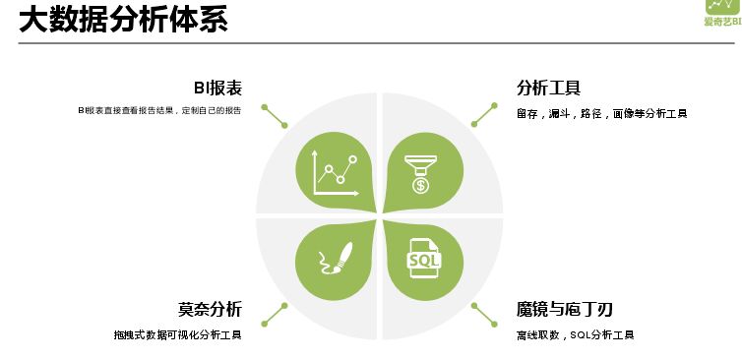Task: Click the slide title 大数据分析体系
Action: [x=123, y=19]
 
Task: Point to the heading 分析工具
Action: [x=547, y=88]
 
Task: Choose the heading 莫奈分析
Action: [x=210, y=309]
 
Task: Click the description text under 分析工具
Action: [x=601, y=113]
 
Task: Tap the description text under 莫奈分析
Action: [x=177, y=335]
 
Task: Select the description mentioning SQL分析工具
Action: [x=575, y=335]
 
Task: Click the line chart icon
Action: [x=334, y=173]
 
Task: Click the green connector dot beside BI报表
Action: [x=284, y=125]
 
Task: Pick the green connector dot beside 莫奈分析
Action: [x=284, y=305]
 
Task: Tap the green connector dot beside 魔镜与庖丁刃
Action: [x=473, y=305]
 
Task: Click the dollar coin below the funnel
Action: [x=420, y=184]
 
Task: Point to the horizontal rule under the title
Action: [x=374, y=43]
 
